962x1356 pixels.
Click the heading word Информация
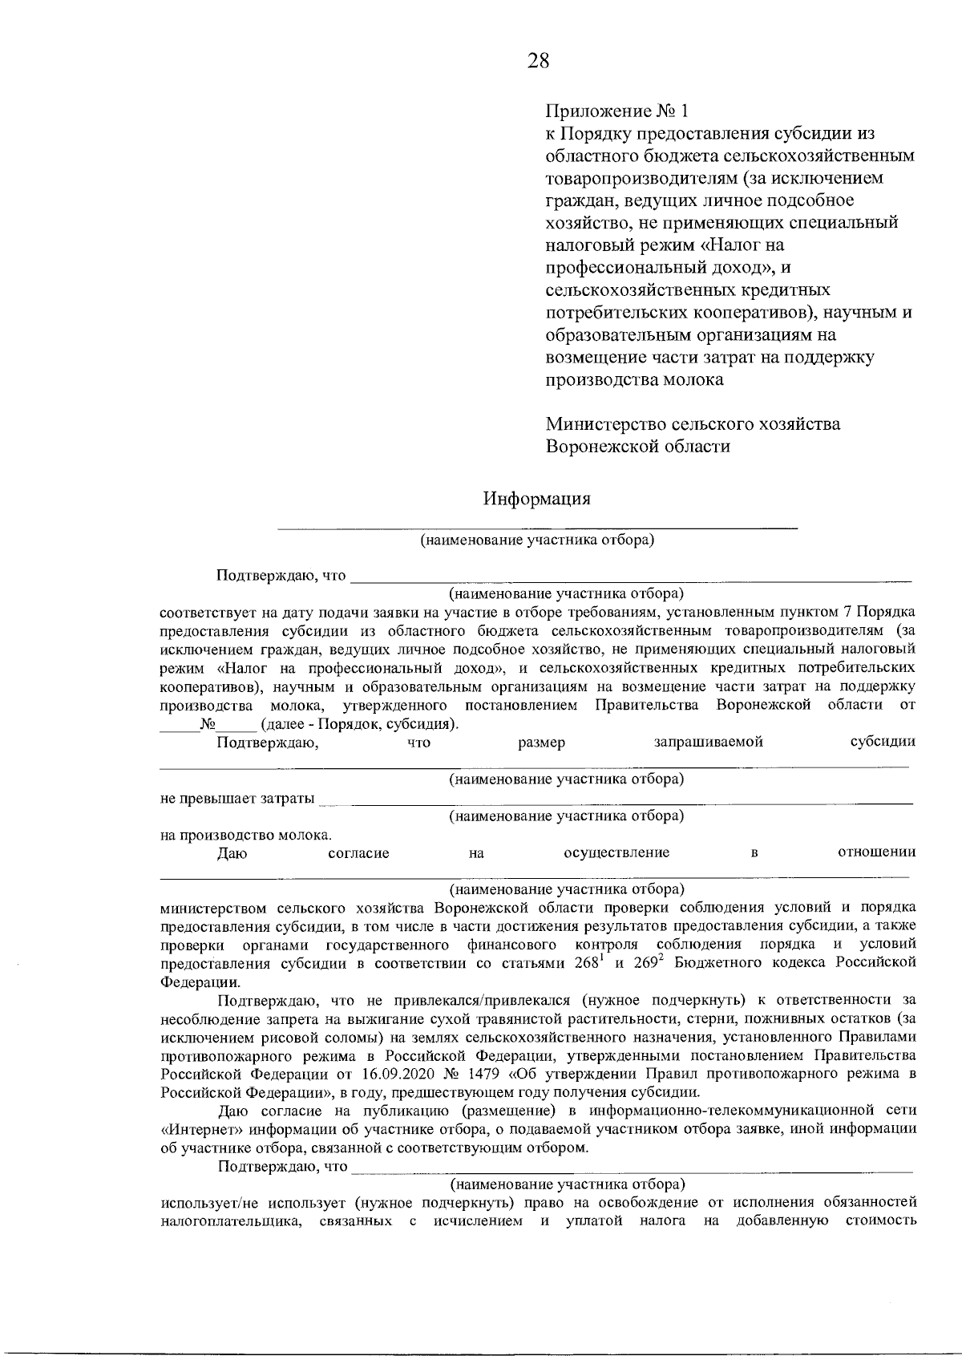pos(536,499)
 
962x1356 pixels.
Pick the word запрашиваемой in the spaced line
pos(708,743)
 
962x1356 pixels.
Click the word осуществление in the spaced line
pos(616,853)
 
